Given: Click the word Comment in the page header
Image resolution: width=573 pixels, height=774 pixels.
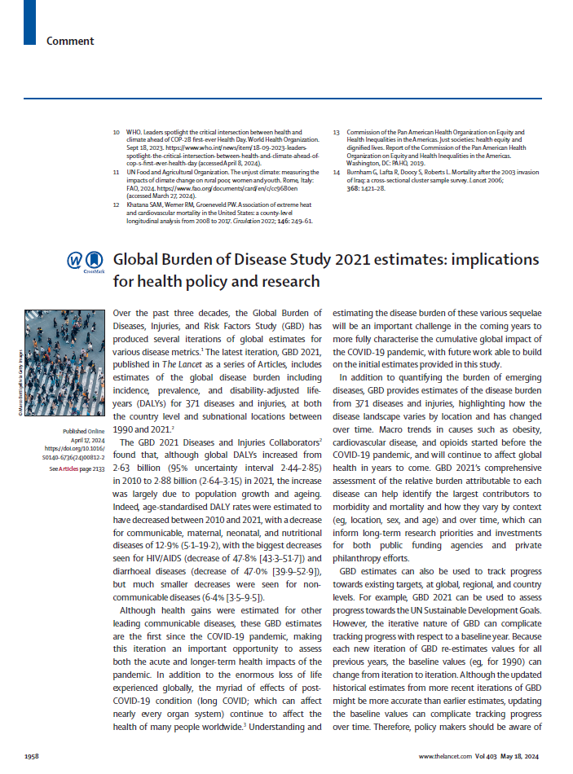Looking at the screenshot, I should pyautogui.click(x=70, y=41).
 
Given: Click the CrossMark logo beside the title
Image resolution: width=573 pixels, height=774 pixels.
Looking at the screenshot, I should pyautogui.click(x=86, y=262).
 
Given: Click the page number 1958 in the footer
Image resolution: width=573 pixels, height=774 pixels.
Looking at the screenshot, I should pyautogui.click(x=33, y=757).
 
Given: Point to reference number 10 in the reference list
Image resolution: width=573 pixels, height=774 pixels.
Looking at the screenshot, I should pyautogui.click(x=117, y=132).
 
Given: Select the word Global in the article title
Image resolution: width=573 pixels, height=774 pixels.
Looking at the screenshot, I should pyautogui.click(x=139, y=260).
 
